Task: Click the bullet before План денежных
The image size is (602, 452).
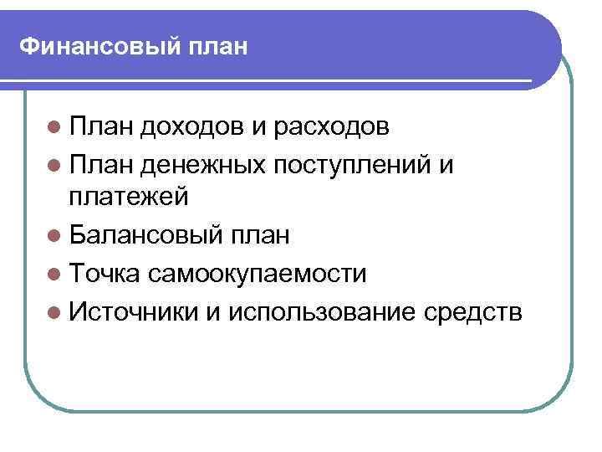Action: (55, 167)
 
